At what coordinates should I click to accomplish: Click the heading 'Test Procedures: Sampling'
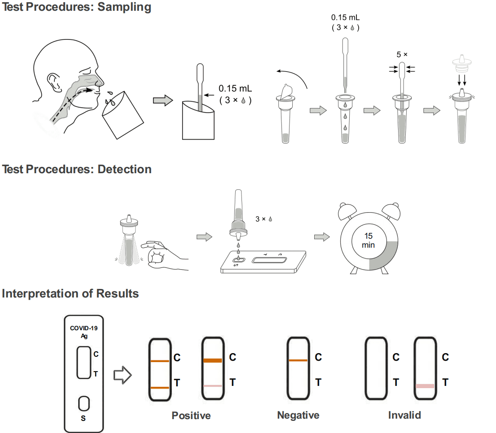click(x=77, y=7)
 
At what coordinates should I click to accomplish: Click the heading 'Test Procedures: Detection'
click(x=77, y=169)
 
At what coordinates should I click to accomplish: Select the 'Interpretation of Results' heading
click(x=70, y=293)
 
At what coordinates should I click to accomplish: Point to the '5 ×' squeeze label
click(x=402, y=54)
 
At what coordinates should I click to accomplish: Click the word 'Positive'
click(x=191, y=415)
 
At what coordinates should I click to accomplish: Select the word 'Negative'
click(x=298, y=415)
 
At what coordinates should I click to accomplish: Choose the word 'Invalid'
click(x=404, y=415)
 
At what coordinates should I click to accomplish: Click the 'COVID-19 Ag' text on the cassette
click(x=83, y=332)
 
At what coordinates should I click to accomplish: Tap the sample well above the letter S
click(x=83, y=403)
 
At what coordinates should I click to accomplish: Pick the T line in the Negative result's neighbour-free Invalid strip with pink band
click(x=425, y=386)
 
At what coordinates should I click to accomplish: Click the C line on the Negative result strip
click(x=298, y=360)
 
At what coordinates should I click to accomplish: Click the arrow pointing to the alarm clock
click(x=320, y=236)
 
